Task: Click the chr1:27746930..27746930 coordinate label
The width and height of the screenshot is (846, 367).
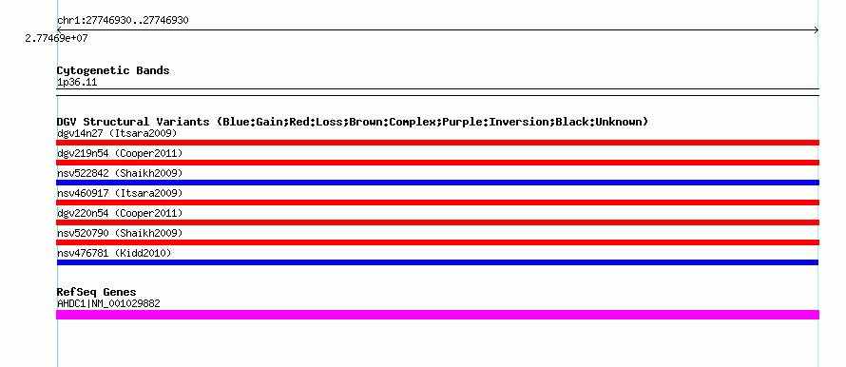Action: pos(123,21)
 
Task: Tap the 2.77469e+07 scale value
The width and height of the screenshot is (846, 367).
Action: pos(57,38)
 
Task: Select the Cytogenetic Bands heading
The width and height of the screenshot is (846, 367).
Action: pos(113,70)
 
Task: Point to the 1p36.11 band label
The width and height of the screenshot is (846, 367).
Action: pos(77,83)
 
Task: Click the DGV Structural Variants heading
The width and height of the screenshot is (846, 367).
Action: pos(353,122)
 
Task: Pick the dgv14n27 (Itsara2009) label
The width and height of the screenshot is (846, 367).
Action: pos(117,133)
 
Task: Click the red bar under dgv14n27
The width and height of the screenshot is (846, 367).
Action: pos(437,143)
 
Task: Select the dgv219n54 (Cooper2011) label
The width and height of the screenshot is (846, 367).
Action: pos(120,153)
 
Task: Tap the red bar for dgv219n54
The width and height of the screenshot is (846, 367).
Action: pos(437,163)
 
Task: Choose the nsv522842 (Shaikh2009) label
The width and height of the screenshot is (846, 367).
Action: pos(120,173)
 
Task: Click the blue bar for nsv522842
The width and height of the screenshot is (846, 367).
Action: pos(437,183)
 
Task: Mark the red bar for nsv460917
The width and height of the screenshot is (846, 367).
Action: pos(437,203)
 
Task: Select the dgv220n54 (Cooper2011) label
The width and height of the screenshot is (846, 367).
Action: pos(120,213)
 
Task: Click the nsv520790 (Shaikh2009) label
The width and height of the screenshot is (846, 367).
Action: pos(120,233)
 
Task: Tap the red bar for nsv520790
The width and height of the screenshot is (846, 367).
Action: pos(437,242)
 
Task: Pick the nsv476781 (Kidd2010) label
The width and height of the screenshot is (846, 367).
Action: pos(114,253)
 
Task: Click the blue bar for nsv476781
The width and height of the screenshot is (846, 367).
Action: pos(437,262)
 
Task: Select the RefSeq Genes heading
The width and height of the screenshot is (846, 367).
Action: pos(97,292)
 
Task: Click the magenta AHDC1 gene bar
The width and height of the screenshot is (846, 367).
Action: pos(437,315)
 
